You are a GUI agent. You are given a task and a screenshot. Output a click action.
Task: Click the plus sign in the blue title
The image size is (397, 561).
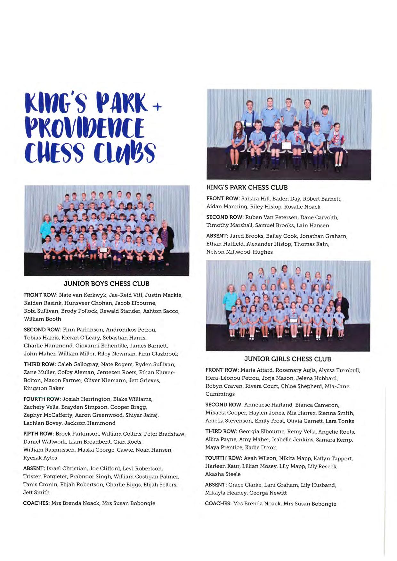pyautogui.click(x=157, y=108)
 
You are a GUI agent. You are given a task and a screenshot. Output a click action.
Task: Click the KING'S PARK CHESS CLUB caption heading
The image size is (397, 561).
pyautogui.click(x=247, y=187)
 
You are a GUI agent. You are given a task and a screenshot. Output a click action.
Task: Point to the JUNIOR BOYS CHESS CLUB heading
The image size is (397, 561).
pyautogui.click(x=107, y=284)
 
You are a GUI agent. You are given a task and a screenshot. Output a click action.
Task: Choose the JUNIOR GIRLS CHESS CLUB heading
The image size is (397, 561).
pyautogui.click(x=288, y=359)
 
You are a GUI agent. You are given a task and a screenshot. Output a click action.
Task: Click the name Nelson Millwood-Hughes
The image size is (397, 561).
pyautogui.click(x=239, y=252)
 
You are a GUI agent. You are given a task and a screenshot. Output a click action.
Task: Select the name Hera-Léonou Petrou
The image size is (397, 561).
pyautogui.click(x=232, y=378)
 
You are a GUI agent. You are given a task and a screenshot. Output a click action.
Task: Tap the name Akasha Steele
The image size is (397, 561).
pyautogui.click(x=223, y=474)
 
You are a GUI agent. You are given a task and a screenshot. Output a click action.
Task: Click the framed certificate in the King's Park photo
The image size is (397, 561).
pyautogui.click(x=286, y=146)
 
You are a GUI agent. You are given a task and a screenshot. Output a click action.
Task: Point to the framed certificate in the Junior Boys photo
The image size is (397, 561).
pyautogui.click(x=103, y=250)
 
